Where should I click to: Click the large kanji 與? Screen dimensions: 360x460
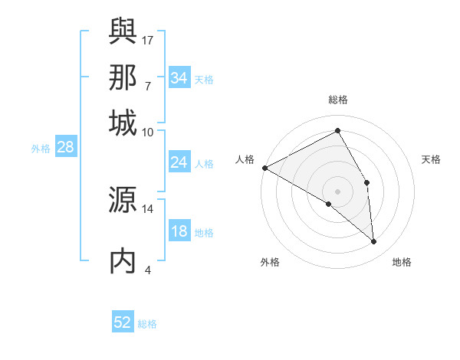tap(123, 31)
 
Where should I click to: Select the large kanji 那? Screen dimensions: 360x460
tap(123, 77)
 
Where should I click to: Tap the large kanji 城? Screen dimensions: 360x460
tap(123, 123)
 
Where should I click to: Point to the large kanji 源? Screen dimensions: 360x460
tap(123, 201)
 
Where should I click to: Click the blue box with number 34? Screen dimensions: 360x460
tap(179, 78)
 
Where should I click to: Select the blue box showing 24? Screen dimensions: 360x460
tap(179, 162)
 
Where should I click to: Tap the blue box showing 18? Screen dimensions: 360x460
tap(179, 232)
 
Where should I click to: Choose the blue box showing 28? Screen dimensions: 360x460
tap(65, 148)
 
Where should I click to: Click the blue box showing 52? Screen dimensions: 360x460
tap(123, 322)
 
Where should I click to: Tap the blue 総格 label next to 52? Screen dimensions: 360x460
tap(147, 324)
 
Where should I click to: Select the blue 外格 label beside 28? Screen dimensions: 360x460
tap(41, 149)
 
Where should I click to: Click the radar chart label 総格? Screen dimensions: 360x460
tap(338, 100)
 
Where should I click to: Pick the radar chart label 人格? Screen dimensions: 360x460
tap(245, 159)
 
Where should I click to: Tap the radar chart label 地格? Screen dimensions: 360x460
tap(402, 262)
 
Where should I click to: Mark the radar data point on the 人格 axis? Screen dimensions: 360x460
tap(264, 167)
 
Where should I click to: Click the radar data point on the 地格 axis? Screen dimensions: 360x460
tap(374, 242)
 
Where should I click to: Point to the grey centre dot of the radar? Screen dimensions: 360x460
tap(338, 191)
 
